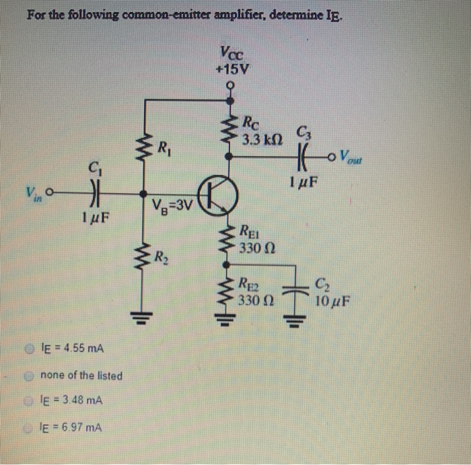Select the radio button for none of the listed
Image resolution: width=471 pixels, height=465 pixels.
30,375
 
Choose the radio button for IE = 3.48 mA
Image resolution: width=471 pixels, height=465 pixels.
30,400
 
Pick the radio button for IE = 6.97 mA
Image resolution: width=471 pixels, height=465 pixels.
30,426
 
